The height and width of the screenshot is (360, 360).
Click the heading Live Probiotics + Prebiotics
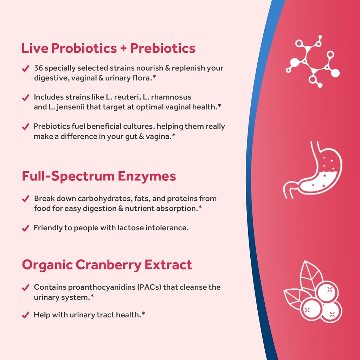click(108, 48)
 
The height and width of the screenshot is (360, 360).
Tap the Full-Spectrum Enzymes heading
click(99, 176)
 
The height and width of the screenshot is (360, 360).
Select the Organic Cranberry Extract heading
click(107, 265)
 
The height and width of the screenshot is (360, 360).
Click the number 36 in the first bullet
click(38, 68)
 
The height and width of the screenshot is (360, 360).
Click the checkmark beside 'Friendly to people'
click(25, 229)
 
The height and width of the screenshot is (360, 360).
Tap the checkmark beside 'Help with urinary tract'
click(25, 315)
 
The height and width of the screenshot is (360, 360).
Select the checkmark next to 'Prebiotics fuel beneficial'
click(25, 127)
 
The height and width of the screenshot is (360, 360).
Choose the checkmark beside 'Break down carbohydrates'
click(25, 199)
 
